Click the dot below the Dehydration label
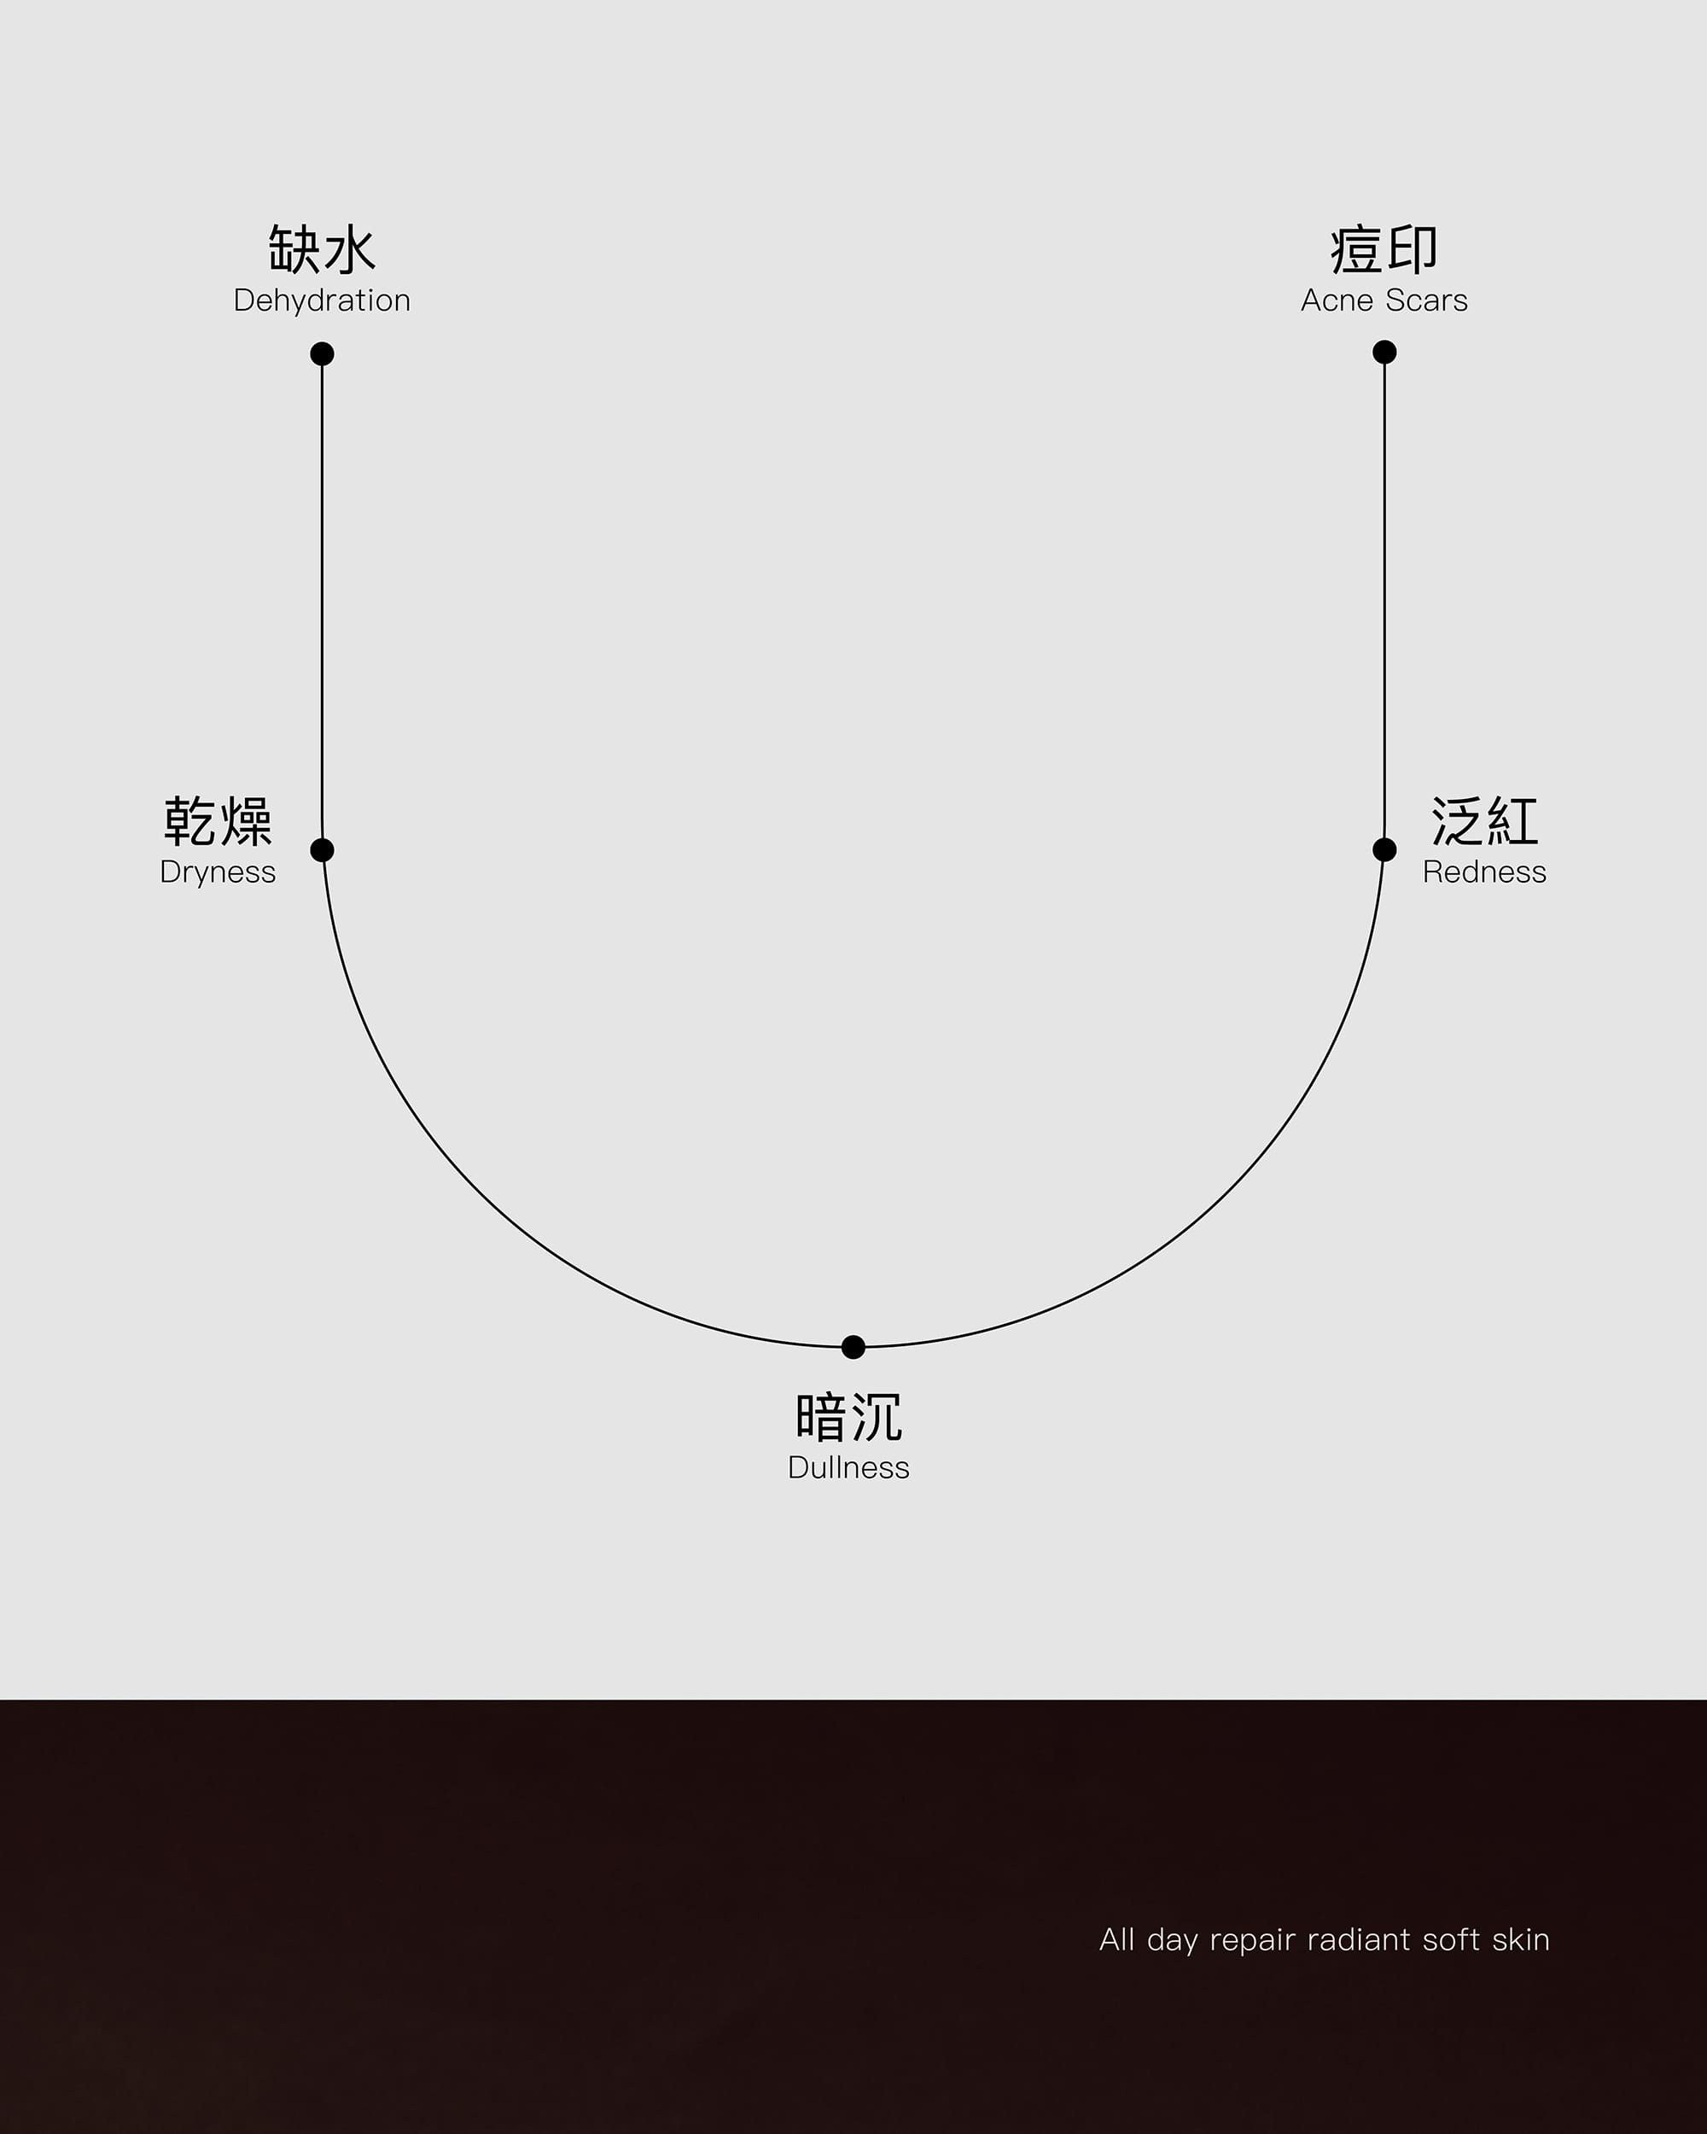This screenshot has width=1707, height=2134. point(322,353)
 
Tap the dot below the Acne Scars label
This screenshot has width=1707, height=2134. point(1384,352)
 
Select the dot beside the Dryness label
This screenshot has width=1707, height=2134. point(322,849)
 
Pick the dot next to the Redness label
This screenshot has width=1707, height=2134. point(1384,849)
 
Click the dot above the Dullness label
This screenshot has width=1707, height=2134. point(853,1346)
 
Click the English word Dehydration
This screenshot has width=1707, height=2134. point(322,300)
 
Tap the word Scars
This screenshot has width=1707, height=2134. point(1426,300)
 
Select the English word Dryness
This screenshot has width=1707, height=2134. point(218,872)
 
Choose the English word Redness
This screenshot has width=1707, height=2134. point(1484,872)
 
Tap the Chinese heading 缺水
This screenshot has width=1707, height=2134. point(322,248)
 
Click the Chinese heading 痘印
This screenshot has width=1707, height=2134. point(1384,248)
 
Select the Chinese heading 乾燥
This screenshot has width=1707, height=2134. point(218,820)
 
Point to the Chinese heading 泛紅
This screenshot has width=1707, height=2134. point(1484,820)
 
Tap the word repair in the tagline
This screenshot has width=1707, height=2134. point(1253,1941)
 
